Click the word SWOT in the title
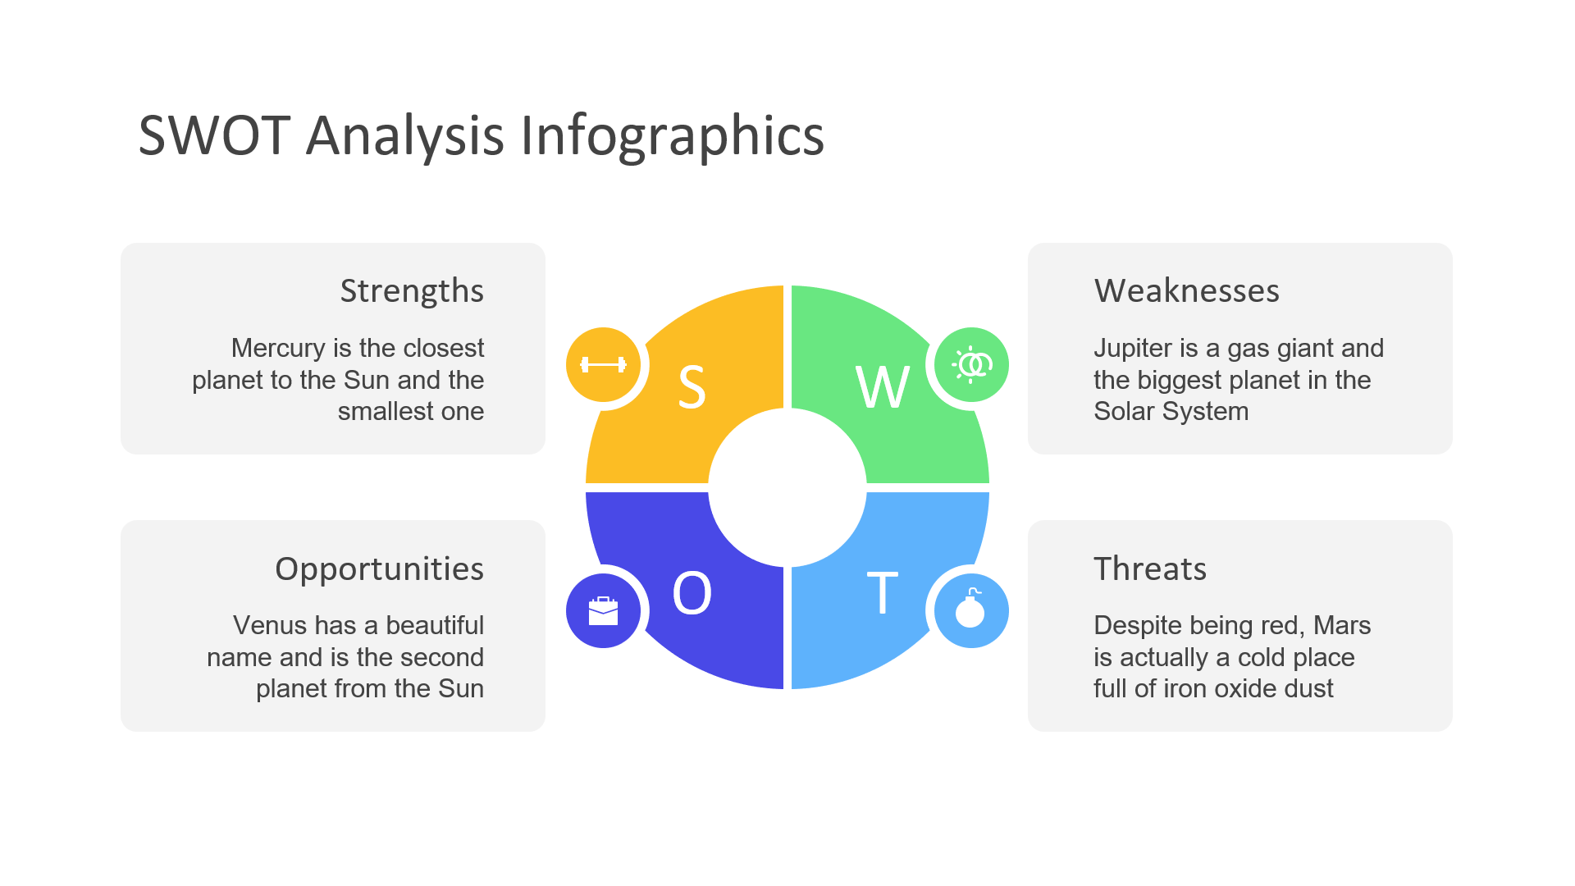click(x=214, y=135)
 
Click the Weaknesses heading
click(x=1186, y=291)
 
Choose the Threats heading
click(x=1150, y=569)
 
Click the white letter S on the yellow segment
click(x=692, y=387)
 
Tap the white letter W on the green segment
click(x=883, y=387)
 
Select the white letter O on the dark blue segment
click(x=692, y=593)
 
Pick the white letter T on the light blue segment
click(x=883, y=593)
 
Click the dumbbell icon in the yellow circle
click(x=603, y=365)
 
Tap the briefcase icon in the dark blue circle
click(x=603, y=611)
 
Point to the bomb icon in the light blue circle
click(x=970, y=608)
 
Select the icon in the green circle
click(x=972, y=365)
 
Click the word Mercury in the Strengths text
click(x=278, y=349)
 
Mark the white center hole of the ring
click(x=787, y=487)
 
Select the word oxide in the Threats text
click(x=1239, y=688)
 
